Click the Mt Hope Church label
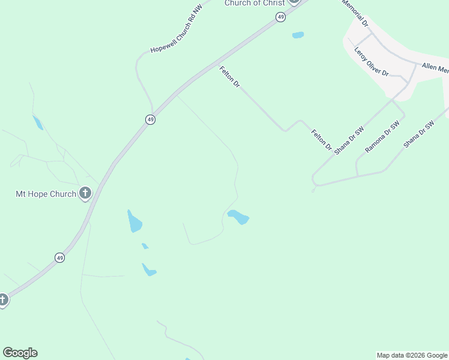(x=46, y=194)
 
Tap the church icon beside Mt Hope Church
(x=85, y=193)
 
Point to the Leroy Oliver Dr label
(x=372, y=61)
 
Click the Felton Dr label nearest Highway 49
(x=229, y=77)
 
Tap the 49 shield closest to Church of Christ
(x=281, y=17)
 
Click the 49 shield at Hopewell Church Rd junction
(x=151, y=119)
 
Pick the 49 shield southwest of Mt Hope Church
(x=59, y=257)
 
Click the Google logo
(x=20, y=353)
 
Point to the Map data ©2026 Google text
(x=412, y=355)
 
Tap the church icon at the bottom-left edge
(x=3, y=299)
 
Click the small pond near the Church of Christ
(x=298, y=35)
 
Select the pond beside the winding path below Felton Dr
(x=238, y=217)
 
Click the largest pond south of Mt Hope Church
(x=134, y=222)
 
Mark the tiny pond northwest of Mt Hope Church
(x=38, y=122)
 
